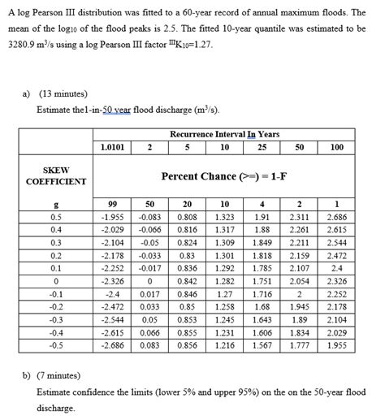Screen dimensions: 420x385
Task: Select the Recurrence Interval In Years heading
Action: pos(224,134)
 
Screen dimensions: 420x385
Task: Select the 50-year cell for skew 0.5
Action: pos(300,218)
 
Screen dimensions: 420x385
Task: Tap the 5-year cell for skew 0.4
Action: pos(186,230)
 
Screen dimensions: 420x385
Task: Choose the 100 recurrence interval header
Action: pos(337,147)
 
